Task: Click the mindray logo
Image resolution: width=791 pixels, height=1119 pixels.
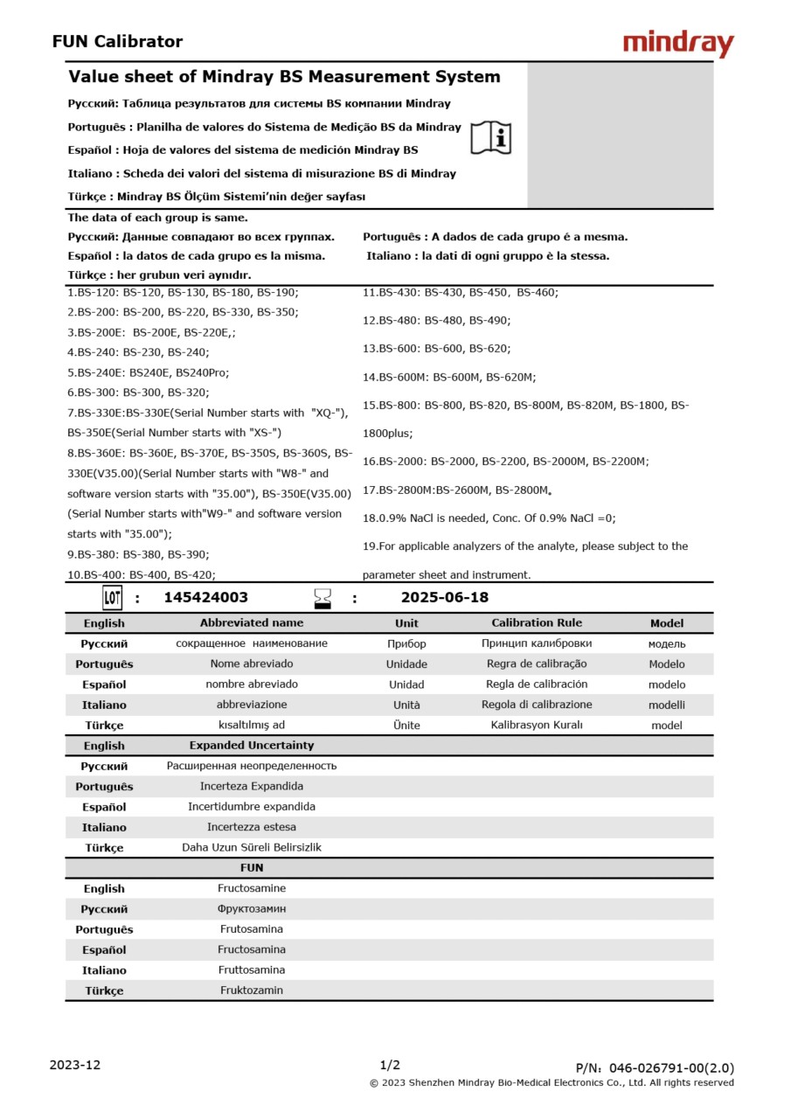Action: point(678,43)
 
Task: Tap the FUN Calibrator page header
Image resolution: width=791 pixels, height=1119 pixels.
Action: point(117,41)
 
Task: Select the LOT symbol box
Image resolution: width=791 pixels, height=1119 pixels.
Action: point(112,598)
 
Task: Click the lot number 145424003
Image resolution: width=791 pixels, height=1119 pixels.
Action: point(205,598)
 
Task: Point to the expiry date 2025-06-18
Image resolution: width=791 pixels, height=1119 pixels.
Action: point(444,598)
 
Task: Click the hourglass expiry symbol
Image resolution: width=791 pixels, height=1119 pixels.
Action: point(323,598)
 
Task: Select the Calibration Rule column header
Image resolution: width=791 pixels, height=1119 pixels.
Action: point(537,623)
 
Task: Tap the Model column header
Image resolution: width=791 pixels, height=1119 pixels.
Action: point(667,623)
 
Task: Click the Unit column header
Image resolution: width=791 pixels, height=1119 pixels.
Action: point(406,623)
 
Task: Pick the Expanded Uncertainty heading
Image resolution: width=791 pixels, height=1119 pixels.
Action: point(252,746)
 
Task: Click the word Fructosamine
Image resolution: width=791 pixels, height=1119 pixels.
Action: point(252,888)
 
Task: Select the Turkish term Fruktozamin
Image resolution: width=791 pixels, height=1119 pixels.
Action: point(252,990)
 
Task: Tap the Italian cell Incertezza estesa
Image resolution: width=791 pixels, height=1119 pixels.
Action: point(252,827)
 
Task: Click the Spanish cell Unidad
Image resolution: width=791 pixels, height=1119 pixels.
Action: point(406,685)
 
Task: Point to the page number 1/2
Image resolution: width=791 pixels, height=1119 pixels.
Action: point(390,1065)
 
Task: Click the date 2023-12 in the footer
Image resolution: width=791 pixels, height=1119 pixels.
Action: point(75,1065)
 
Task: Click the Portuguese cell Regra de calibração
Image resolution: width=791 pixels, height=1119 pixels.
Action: point(537,664)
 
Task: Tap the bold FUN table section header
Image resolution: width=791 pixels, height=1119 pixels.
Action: point(252,868)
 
